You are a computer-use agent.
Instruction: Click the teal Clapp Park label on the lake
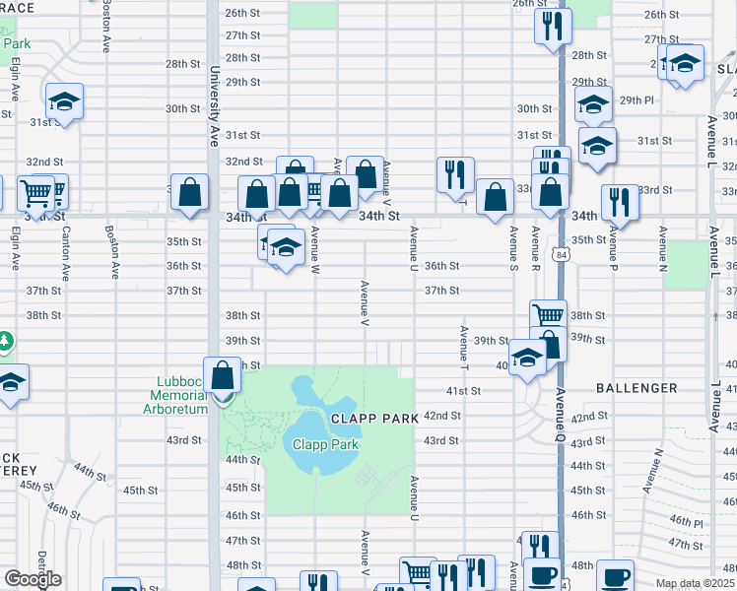tap(325, 444)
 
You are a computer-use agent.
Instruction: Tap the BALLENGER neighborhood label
tap(636, 388)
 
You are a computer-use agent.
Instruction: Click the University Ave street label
tap(213, 106)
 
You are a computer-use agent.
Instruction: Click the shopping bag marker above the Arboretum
tap(224, 375)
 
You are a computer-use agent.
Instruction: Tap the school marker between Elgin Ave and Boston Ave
tap(65, 101)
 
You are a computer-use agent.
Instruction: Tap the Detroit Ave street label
tap(42, 567)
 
